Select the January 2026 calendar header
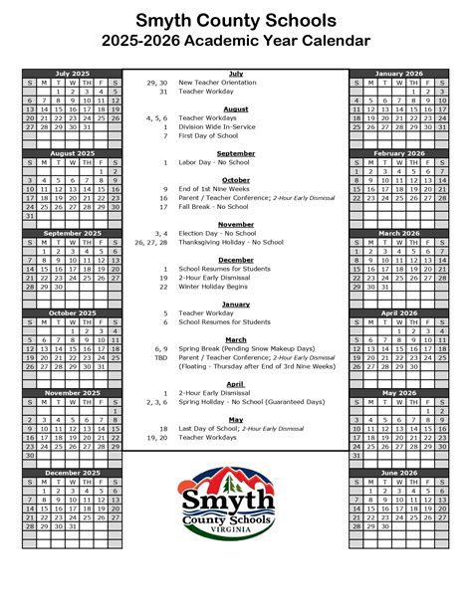pyautogui.click(x=397, y=73)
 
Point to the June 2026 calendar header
pyautogui.click(x=397, y=473)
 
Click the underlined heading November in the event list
pyautogui.click(x=236, y=225)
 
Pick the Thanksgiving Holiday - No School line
pyautogui.click(x=231, y=242)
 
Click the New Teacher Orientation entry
pyautogui.click(x=217, y=82)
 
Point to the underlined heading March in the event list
pyautogui.click(x=236, y=339)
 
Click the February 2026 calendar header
pyautogui.click(x=397, y=153)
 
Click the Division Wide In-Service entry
pyautogui.click(x=220, y=126)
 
